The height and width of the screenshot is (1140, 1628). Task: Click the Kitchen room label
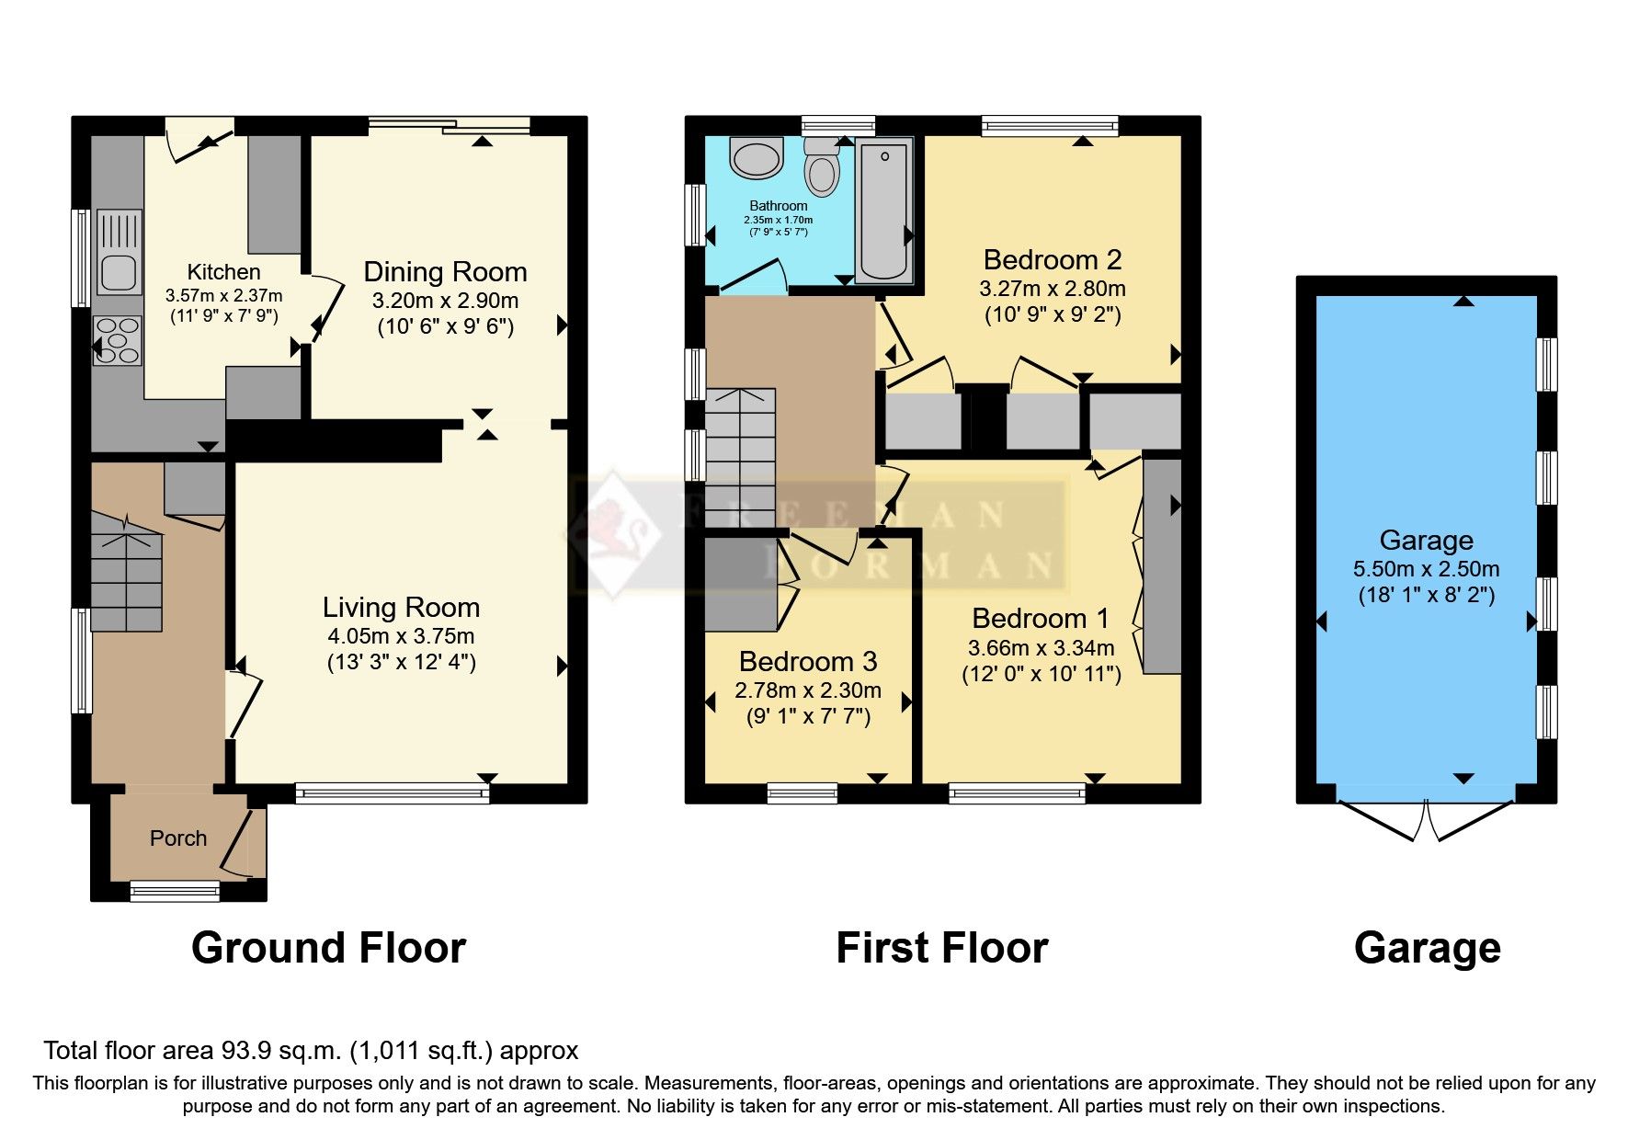pyautogui.click(x=223, y=272)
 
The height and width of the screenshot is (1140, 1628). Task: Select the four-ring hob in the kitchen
pyautogui.click(x=117, y=340)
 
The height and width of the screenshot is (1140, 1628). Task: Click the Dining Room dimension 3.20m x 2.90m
pyautogui.click(x=445, y=301)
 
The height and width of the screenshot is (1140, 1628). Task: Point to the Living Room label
pyautogui.click(x=401, y=608)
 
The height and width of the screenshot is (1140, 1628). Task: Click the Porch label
pyautogui.click(x=178, y=838)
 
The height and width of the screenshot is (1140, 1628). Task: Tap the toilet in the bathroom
pyautogui.click(x=822, y=168)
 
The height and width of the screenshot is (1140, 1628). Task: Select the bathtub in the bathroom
pyautogui.click(x=884, y=210)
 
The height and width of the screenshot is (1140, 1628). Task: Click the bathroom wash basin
pyautogui.click(x=756, y=158)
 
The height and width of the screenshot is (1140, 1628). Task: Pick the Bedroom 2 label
pyautogui.click(x=1053, y=260)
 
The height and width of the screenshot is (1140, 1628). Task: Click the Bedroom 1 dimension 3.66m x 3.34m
pyautogui.click(x=1041, y=648)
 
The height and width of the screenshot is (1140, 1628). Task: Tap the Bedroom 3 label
pyautogui.click(x=808, y=662)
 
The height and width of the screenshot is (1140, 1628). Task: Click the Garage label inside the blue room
pyautogui.click(x=1426, y=541)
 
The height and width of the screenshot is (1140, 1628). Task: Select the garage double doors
pyautogui.click(x=1426, y=818)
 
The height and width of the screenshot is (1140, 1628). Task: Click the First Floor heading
pyautogui.click(x=941, y=948)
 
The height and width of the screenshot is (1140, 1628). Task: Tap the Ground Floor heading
pyautogui.click(x=328, y=948)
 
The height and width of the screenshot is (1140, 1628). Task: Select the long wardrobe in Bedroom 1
pyautogui.click(x=1163, y=565)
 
